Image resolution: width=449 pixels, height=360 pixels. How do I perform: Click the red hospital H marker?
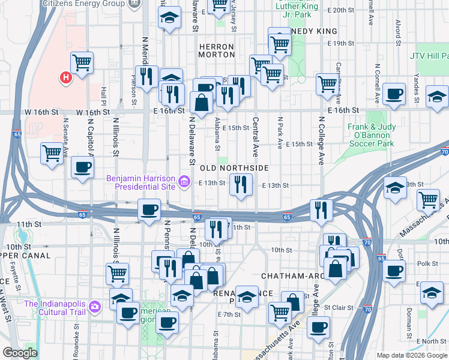pyautogui.click(x=65, y=77)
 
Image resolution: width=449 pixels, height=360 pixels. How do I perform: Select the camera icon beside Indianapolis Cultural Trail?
pyautogui.click(x=94, y=307)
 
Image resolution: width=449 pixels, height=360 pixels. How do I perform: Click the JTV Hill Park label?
pyautogui.click(x=429, y=56)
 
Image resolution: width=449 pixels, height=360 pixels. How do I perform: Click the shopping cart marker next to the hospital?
pyautogui.click(x=82, y=62)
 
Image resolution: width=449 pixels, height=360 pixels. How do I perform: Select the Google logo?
pyautogui.click(x=20, y=353)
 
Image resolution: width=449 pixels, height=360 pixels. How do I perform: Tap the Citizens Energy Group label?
pyautogui.click(x=83, y=4)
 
